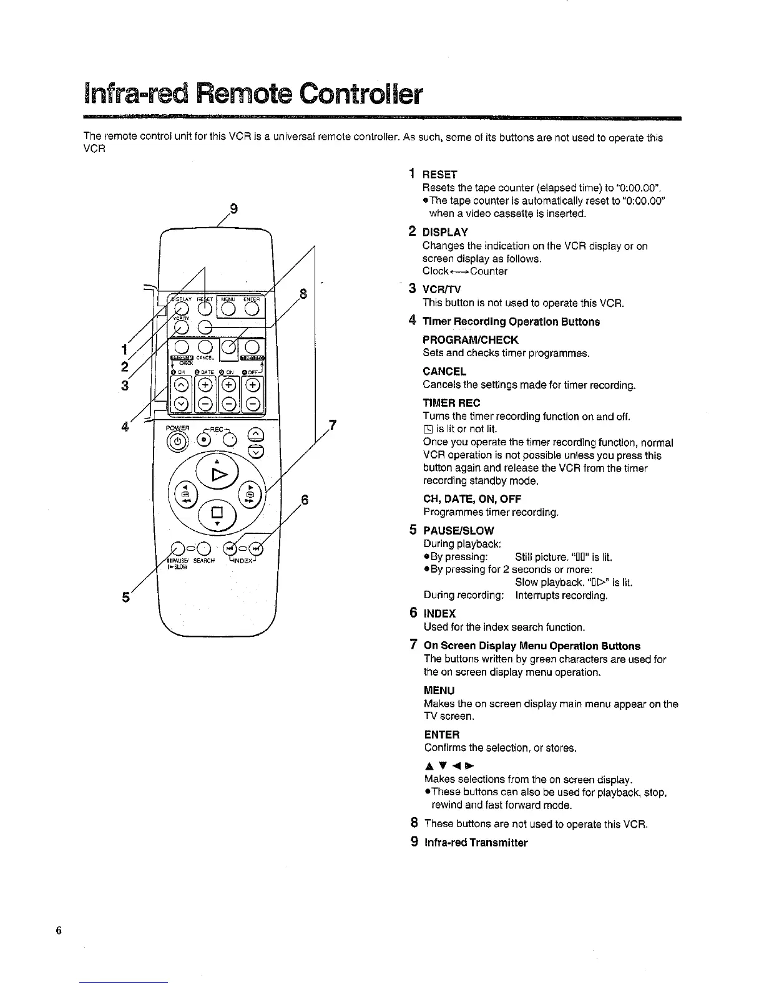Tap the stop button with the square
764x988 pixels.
click(x=217, y=514)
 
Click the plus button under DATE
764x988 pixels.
click(x=205, y=385)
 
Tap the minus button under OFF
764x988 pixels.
click(x=253, y=404)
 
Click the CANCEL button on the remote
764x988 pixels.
click(x=205, y=347)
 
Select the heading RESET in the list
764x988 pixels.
click(x=440, y=175)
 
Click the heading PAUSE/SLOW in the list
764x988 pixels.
click(x=459, y=531)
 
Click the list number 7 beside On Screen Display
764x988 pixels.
click(x=413, y=646)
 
